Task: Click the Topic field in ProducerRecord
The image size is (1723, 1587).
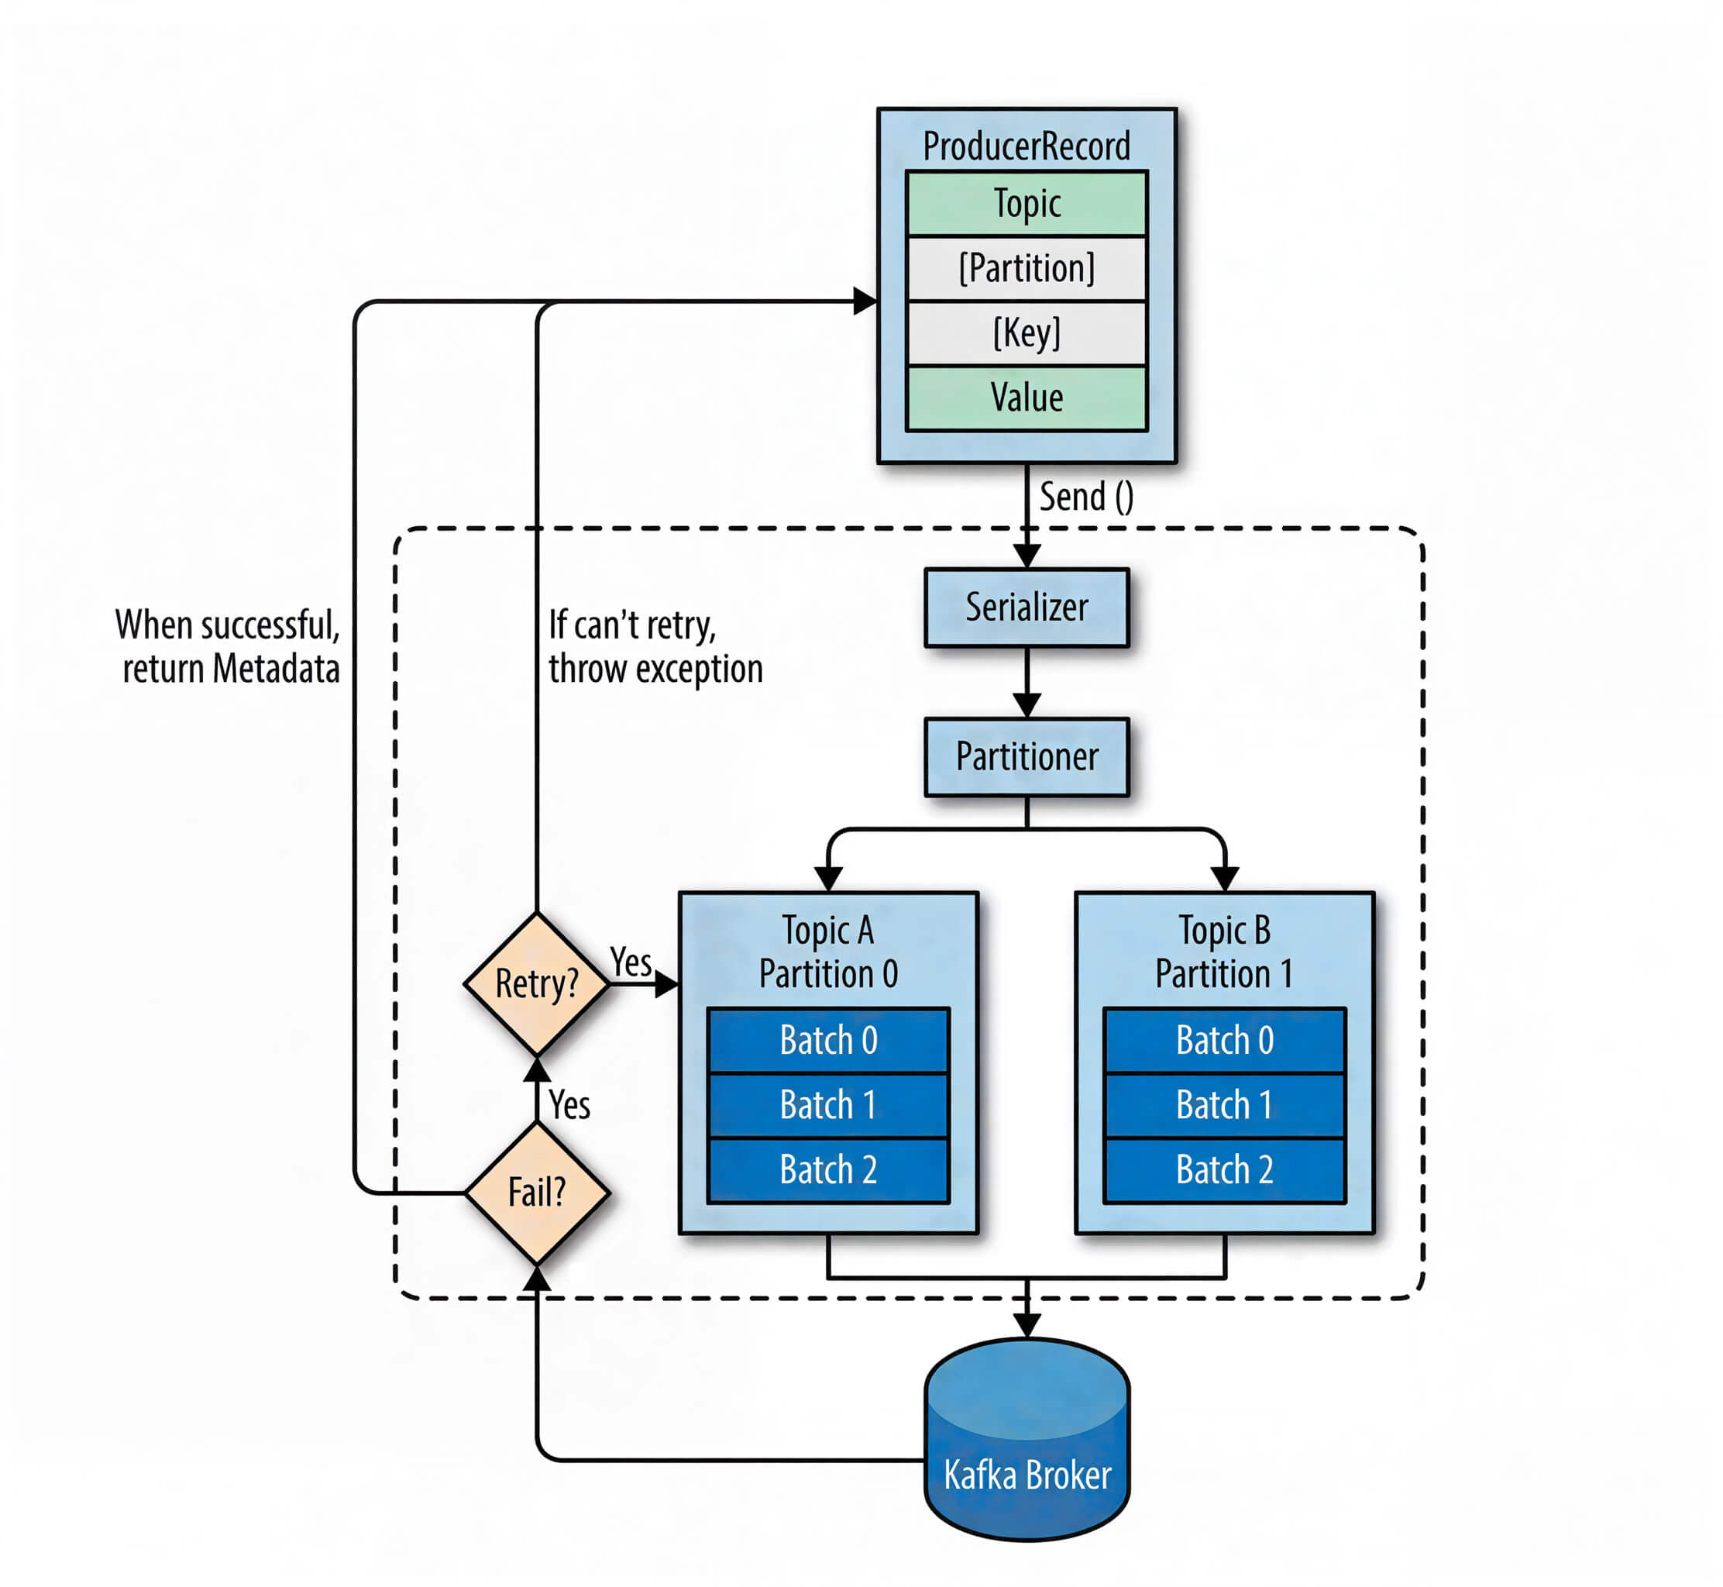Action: (1026, 205)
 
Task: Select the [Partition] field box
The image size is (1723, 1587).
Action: (1026, 269)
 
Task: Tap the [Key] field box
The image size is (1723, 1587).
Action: (1026, 333)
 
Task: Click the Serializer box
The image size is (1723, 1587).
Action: (1026, 608)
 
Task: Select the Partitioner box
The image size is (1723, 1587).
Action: (1026, 756)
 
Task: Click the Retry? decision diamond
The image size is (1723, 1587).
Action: (537, 984)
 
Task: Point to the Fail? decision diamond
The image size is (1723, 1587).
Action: (537, 1193)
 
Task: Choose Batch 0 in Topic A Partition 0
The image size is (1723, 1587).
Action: (827, 1041)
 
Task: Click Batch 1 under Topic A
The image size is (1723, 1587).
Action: (827, 1105)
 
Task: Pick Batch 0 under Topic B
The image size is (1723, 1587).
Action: (1224, 1041)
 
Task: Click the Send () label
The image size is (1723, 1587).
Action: (1086, 497)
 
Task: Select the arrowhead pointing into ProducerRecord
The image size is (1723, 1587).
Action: (865, 301)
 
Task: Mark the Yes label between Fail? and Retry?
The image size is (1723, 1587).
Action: (569, 1105)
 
